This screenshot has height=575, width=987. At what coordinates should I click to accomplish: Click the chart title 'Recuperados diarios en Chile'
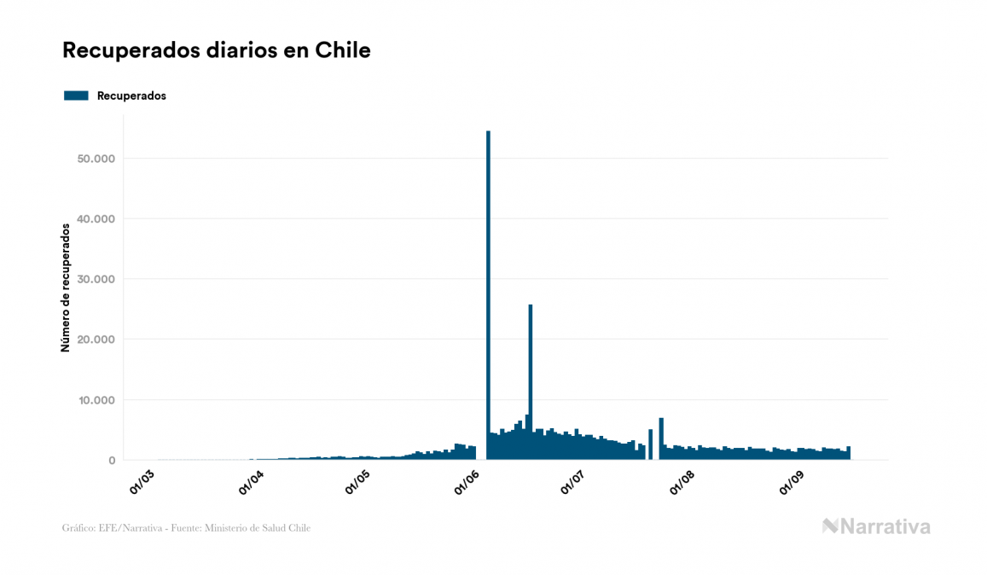tap(217, 51)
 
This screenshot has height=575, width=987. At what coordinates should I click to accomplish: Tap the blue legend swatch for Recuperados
tap(76, 96)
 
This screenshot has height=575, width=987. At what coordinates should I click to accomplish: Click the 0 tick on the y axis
tap(111, 461)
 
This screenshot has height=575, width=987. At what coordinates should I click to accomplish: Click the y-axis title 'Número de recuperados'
tap(66, 287)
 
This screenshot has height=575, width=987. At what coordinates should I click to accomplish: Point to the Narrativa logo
tap(876, 526)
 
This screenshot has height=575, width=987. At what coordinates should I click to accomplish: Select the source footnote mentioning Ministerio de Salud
tap(186, 528)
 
